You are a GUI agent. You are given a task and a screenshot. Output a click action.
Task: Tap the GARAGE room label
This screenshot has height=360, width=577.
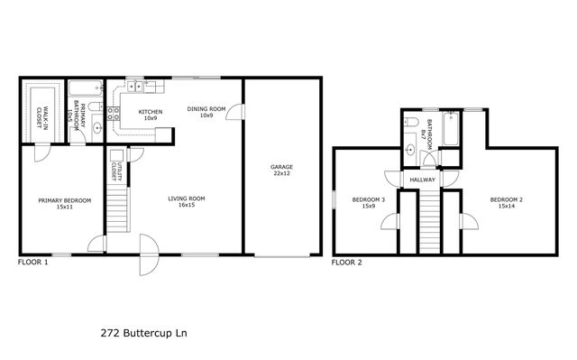282,171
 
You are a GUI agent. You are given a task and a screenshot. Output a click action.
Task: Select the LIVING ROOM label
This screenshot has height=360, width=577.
187,202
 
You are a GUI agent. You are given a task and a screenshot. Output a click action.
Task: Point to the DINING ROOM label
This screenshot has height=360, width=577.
200,112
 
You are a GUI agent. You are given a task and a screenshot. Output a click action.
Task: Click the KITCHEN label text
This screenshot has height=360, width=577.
150,115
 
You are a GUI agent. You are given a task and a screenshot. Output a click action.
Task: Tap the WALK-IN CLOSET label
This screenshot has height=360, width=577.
41,113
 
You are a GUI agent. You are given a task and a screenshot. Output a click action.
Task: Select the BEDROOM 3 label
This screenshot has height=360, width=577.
369,202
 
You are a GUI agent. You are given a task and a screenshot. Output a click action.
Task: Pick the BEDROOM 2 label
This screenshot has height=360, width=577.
507,202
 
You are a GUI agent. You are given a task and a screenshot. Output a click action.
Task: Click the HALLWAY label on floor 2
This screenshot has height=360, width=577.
423,180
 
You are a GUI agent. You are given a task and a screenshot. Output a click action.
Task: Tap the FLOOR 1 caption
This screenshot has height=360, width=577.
33,263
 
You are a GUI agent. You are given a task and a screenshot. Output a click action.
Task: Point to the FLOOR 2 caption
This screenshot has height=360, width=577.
346,263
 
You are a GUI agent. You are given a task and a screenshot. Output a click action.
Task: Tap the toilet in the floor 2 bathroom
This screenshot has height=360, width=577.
410,120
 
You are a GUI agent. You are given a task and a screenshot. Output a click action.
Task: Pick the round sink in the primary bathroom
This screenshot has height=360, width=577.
97,128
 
